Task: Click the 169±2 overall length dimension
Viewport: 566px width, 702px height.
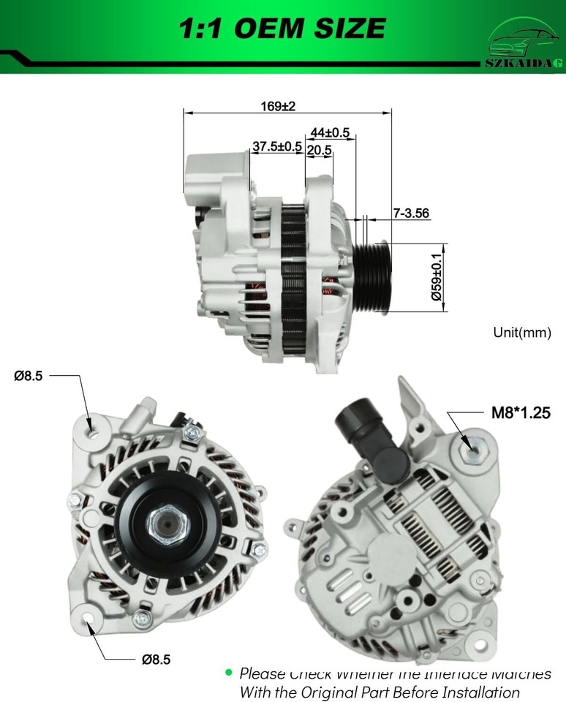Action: point(278,106)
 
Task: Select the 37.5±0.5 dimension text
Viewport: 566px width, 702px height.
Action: point(277,146)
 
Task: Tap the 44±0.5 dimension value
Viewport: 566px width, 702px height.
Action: point(330,132)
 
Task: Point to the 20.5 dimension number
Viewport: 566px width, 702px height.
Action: point(320,150)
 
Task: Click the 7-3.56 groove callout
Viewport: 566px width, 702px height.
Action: point(410,214)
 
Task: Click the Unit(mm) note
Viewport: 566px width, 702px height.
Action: point(521,333)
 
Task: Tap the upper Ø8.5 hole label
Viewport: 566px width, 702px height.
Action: point(29,376)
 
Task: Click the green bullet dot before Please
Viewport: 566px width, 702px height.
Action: point(229,671)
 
